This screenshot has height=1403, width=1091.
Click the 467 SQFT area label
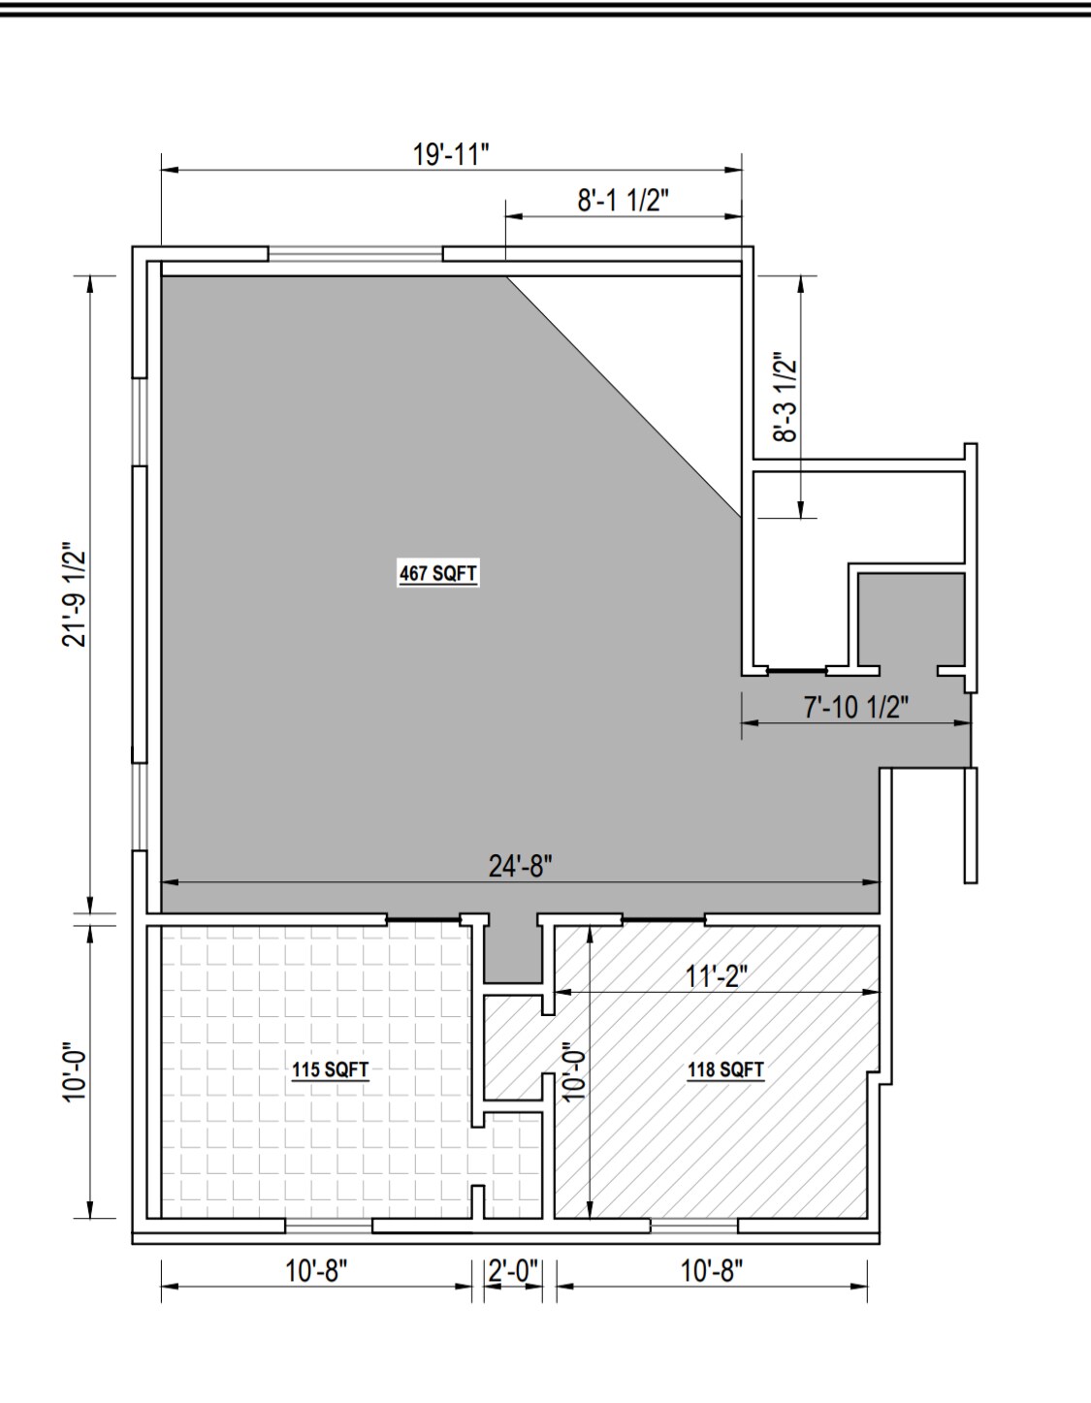(438, 573)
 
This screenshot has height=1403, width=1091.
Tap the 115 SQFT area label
(330, 1069)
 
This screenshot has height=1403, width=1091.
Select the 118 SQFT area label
(725, 1069)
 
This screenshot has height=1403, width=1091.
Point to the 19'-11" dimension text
(451, 155)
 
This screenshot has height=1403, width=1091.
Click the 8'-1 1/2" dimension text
(623, 201)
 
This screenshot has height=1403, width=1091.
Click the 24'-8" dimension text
(521, 867)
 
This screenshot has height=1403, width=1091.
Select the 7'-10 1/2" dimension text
(856, 708)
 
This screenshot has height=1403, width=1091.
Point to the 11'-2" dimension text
(716, 976)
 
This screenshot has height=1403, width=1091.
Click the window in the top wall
(356, 254)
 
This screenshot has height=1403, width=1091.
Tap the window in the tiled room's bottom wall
(329, 1225)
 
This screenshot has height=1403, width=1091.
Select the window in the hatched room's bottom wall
(694, 1225)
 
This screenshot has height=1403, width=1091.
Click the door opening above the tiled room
(424, 918)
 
